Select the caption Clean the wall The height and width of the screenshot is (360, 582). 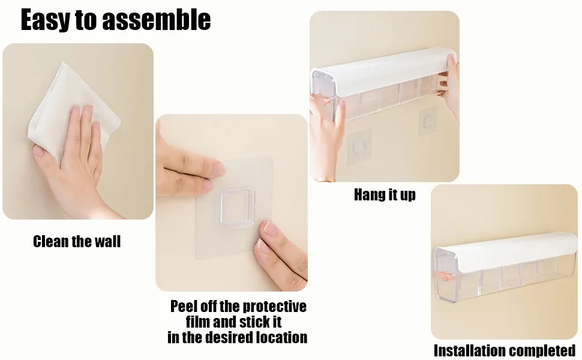(77, 242)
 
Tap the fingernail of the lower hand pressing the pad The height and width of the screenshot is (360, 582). (268, 228)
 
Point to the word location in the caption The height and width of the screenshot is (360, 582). (283, 337)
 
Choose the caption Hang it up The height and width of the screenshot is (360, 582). (385, 194)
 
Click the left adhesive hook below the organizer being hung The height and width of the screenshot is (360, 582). (358, 146)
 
